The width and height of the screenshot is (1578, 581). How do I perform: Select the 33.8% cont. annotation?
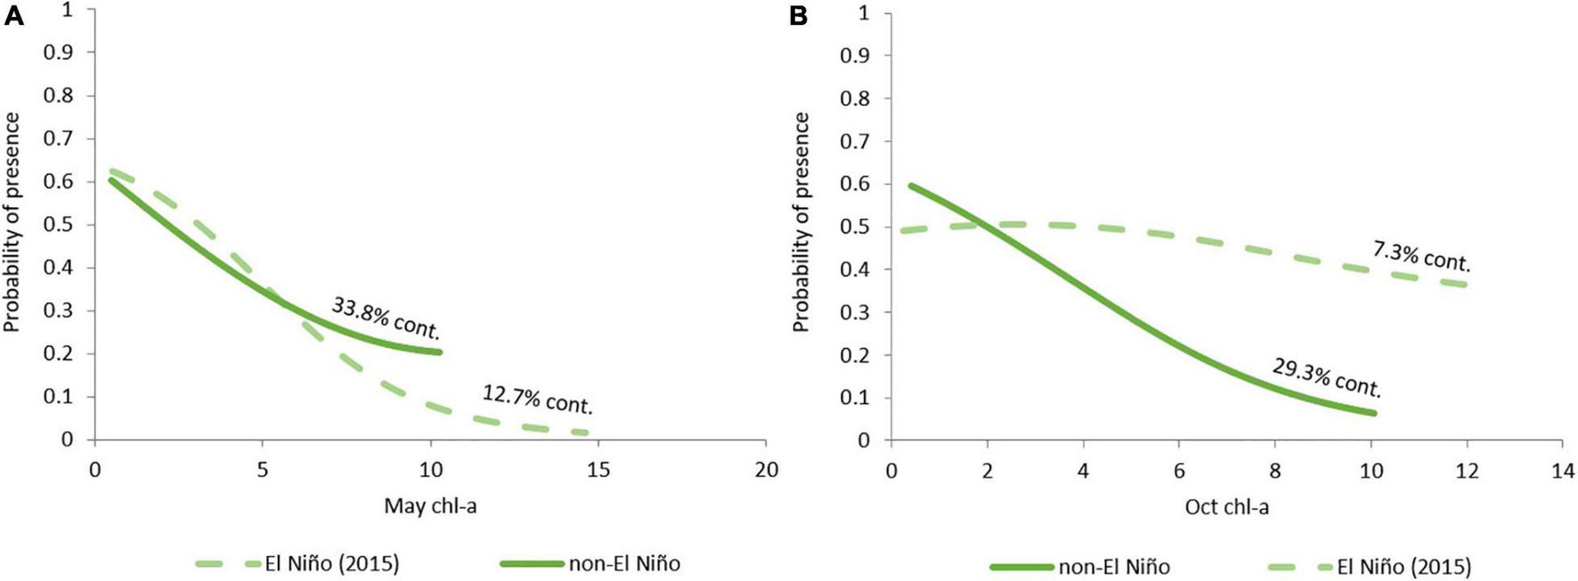tap(386, 319)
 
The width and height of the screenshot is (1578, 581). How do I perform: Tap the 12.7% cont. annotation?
tap(537, 399)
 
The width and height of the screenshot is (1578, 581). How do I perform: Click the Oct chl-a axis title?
tap(1226, 507)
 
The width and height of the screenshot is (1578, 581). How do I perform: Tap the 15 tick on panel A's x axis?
tap(598, 469)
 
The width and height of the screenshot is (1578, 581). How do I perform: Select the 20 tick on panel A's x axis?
tap(766, 469)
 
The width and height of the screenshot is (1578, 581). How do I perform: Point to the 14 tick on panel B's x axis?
tap(1562, 469)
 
